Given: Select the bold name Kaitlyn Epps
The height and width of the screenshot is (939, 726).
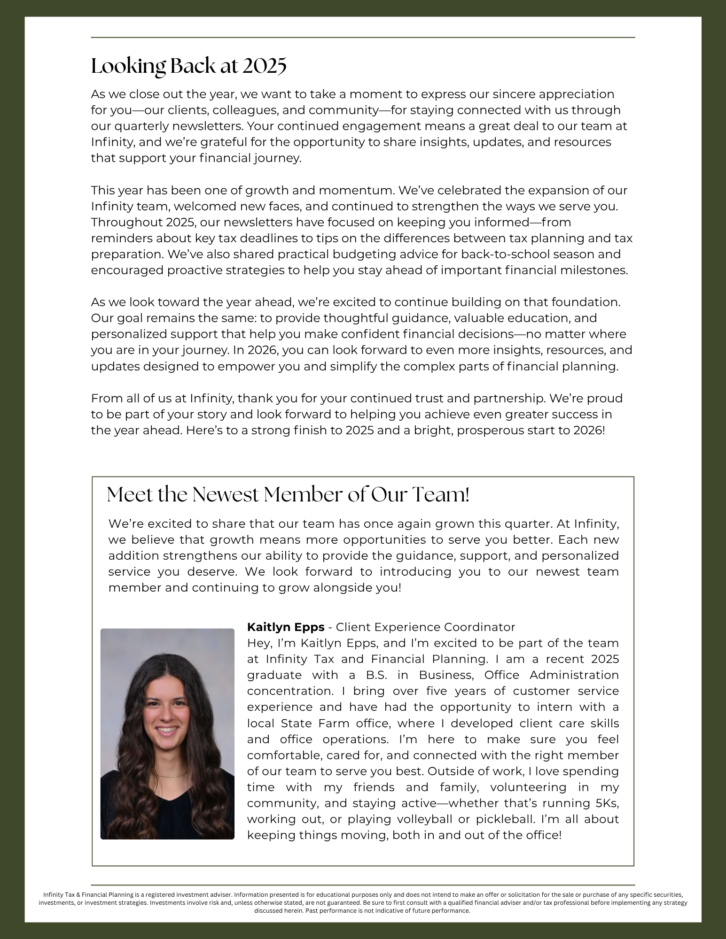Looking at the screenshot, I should pos(286,627).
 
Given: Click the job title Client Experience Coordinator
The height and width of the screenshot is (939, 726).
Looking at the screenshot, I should pos(426,627).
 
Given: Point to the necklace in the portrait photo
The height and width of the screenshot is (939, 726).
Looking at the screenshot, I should pos(167,775).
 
